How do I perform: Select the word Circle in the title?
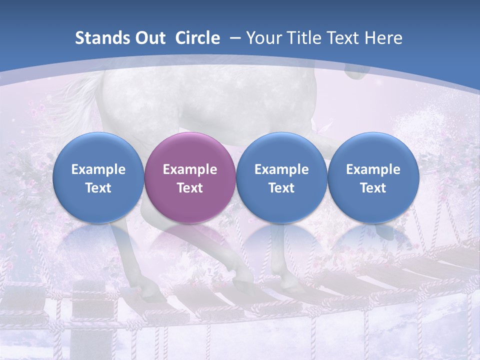click(197, 38)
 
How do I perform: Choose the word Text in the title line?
click(345, 38)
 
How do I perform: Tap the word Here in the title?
click(383, 38)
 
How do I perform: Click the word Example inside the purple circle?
click(190, 169)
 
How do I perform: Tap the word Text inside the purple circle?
click(190, 188)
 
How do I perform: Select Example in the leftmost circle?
click(98, 169)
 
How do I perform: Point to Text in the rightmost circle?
click(373, 188)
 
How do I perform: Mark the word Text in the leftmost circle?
click(98, 188)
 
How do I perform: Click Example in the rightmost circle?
click(373, 169)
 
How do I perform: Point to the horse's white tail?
click(80, 95)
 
